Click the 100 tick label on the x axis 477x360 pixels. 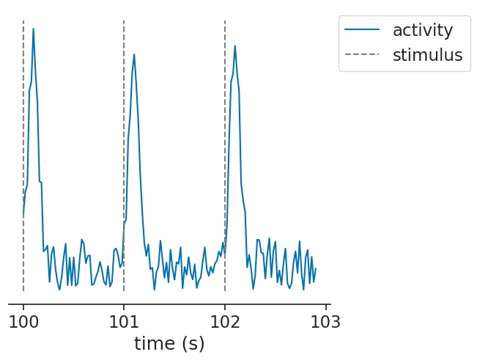click(x=23, y=321)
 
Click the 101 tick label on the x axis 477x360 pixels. click(x=124, y=321)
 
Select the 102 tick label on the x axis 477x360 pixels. click(x=225, y=321)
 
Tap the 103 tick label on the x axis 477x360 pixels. click(x=325, y=321)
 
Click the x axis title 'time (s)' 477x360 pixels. click(x=169, y=343)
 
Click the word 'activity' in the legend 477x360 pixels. click(x=422, y=30)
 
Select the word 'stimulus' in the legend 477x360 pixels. click(x=427, y=55)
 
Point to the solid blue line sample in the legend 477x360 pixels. click(x=364, y=30)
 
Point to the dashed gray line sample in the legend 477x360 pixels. click(x=364, y=55)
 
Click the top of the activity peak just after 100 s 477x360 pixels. click(x=33, y=29)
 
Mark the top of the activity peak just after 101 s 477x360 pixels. click(x=134, y=54)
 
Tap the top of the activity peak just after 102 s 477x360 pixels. click(x=235, y=45)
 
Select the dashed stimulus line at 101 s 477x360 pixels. click(x=124, y=147)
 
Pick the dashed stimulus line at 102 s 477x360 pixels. click(x=225, y=147)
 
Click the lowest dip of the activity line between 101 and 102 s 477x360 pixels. click(x=155, y=290)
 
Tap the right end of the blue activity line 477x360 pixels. click(x=315, y=268)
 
